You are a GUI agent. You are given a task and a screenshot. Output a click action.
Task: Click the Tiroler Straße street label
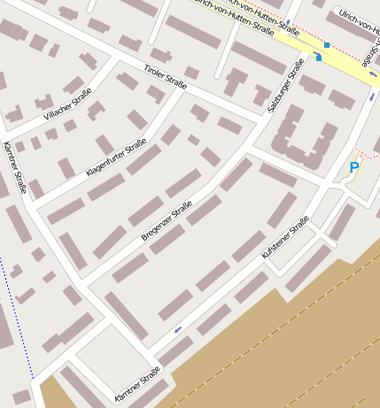tap(165, 77)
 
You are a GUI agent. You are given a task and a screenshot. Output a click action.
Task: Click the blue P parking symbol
tap(354, 167)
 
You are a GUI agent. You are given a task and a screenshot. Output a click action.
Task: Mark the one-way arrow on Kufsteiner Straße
tap(179, 331)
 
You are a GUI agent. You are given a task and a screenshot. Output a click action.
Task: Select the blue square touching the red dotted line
tap(327, 44)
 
